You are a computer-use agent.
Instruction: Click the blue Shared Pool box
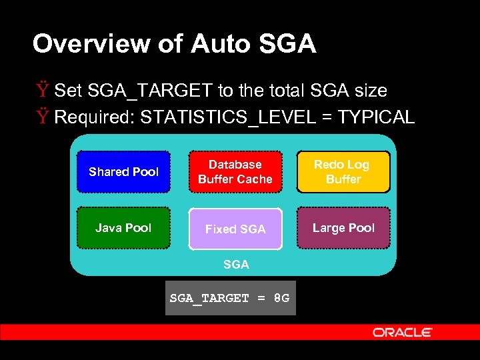tap(123, 172)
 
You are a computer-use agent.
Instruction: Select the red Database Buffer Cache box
tap(235, 172)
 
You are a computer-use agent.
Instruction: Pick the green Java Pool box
tap(123, 228)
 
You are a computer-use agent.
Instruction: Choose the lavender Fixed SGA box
tap(235, 229)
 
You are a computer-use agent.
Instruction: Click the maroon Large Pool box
tap(343, 228)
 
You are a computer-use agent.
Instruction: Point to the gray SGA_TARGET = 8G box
tap(230, 298)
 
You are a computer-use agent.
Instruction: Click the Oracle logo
tap(403, 332)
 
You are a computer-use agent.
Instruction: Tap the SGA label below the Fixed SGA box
tap(236, 265)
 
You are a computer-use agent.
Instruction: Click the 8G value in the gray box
tap(281, 298)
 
